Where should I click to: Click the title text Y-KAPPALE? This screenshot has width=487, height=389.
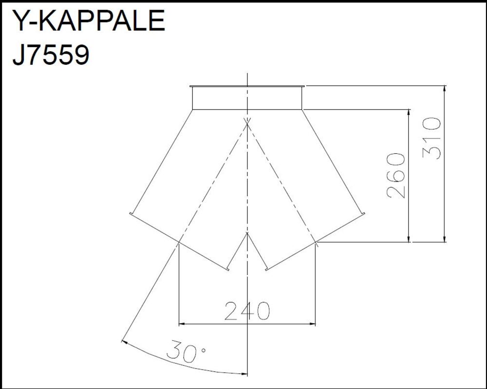coord(89,20)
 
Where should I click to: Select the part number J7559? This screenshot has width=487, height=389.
coord(51,55)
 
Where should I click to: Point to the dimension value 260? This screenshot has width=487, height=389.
coord(396,175)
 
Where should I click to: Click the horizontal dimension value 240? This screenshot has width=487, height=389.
coord(247,311)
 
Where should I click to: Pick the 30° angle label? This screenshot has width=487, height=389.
coord(186,352)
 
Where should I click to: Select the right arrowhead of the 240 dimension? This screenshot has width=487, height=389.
coord(312,324)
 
